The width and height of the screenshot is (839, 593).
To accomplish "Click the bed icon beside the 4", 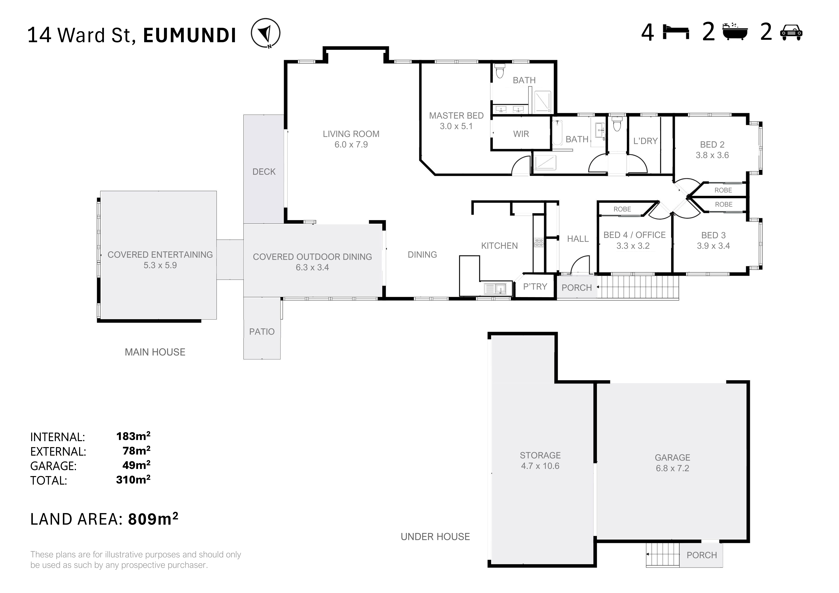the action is coord(676,32).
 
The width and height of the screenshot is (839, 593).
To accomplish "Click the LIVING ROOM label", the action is coord(351,134).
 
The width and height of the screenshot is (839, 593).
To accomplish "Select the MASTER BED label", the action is coord(456,116).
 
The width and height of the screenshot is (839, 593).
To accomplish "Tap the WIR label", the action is coord(521,134).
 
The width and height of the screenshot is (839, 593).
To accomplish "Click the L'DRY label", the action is coord(645,141).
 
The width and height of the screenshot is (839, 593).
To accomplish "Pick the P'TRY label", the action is coord(535,287).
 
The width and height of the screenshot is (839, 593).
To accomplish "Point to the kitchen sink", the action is coord(495,289).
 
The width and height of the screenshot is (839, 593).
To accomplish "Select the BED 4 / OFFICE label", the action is coord(634,235).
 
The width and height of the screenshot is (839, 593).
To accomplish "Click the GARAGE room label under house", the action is coord(672,457).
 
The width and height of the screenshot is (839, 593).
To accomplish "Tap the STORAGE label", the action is coord(540,455).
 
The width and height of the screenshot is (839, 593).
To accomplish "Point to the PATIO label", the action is coord(262,332).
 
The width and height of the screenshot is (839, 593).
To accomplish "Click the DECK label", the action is coord(264,172).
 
